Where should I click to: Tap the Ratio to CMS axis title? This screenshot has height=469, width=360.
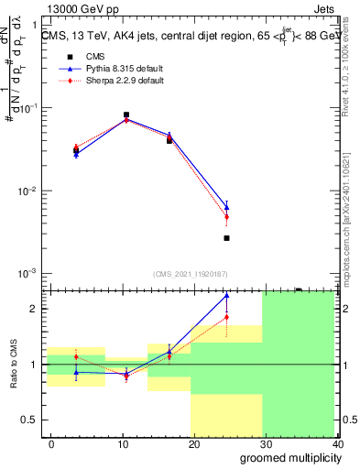(14, 364)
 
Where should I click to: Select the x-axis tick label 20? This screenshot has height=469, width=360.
(193, 443)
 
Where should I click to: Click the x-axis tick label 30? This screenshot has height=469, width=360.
(266, 443)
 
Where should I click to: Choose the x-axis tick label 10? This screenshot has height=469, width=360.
(122, 443)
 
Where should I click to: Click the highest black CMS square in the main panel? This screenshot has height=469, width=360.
(125, 115)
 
